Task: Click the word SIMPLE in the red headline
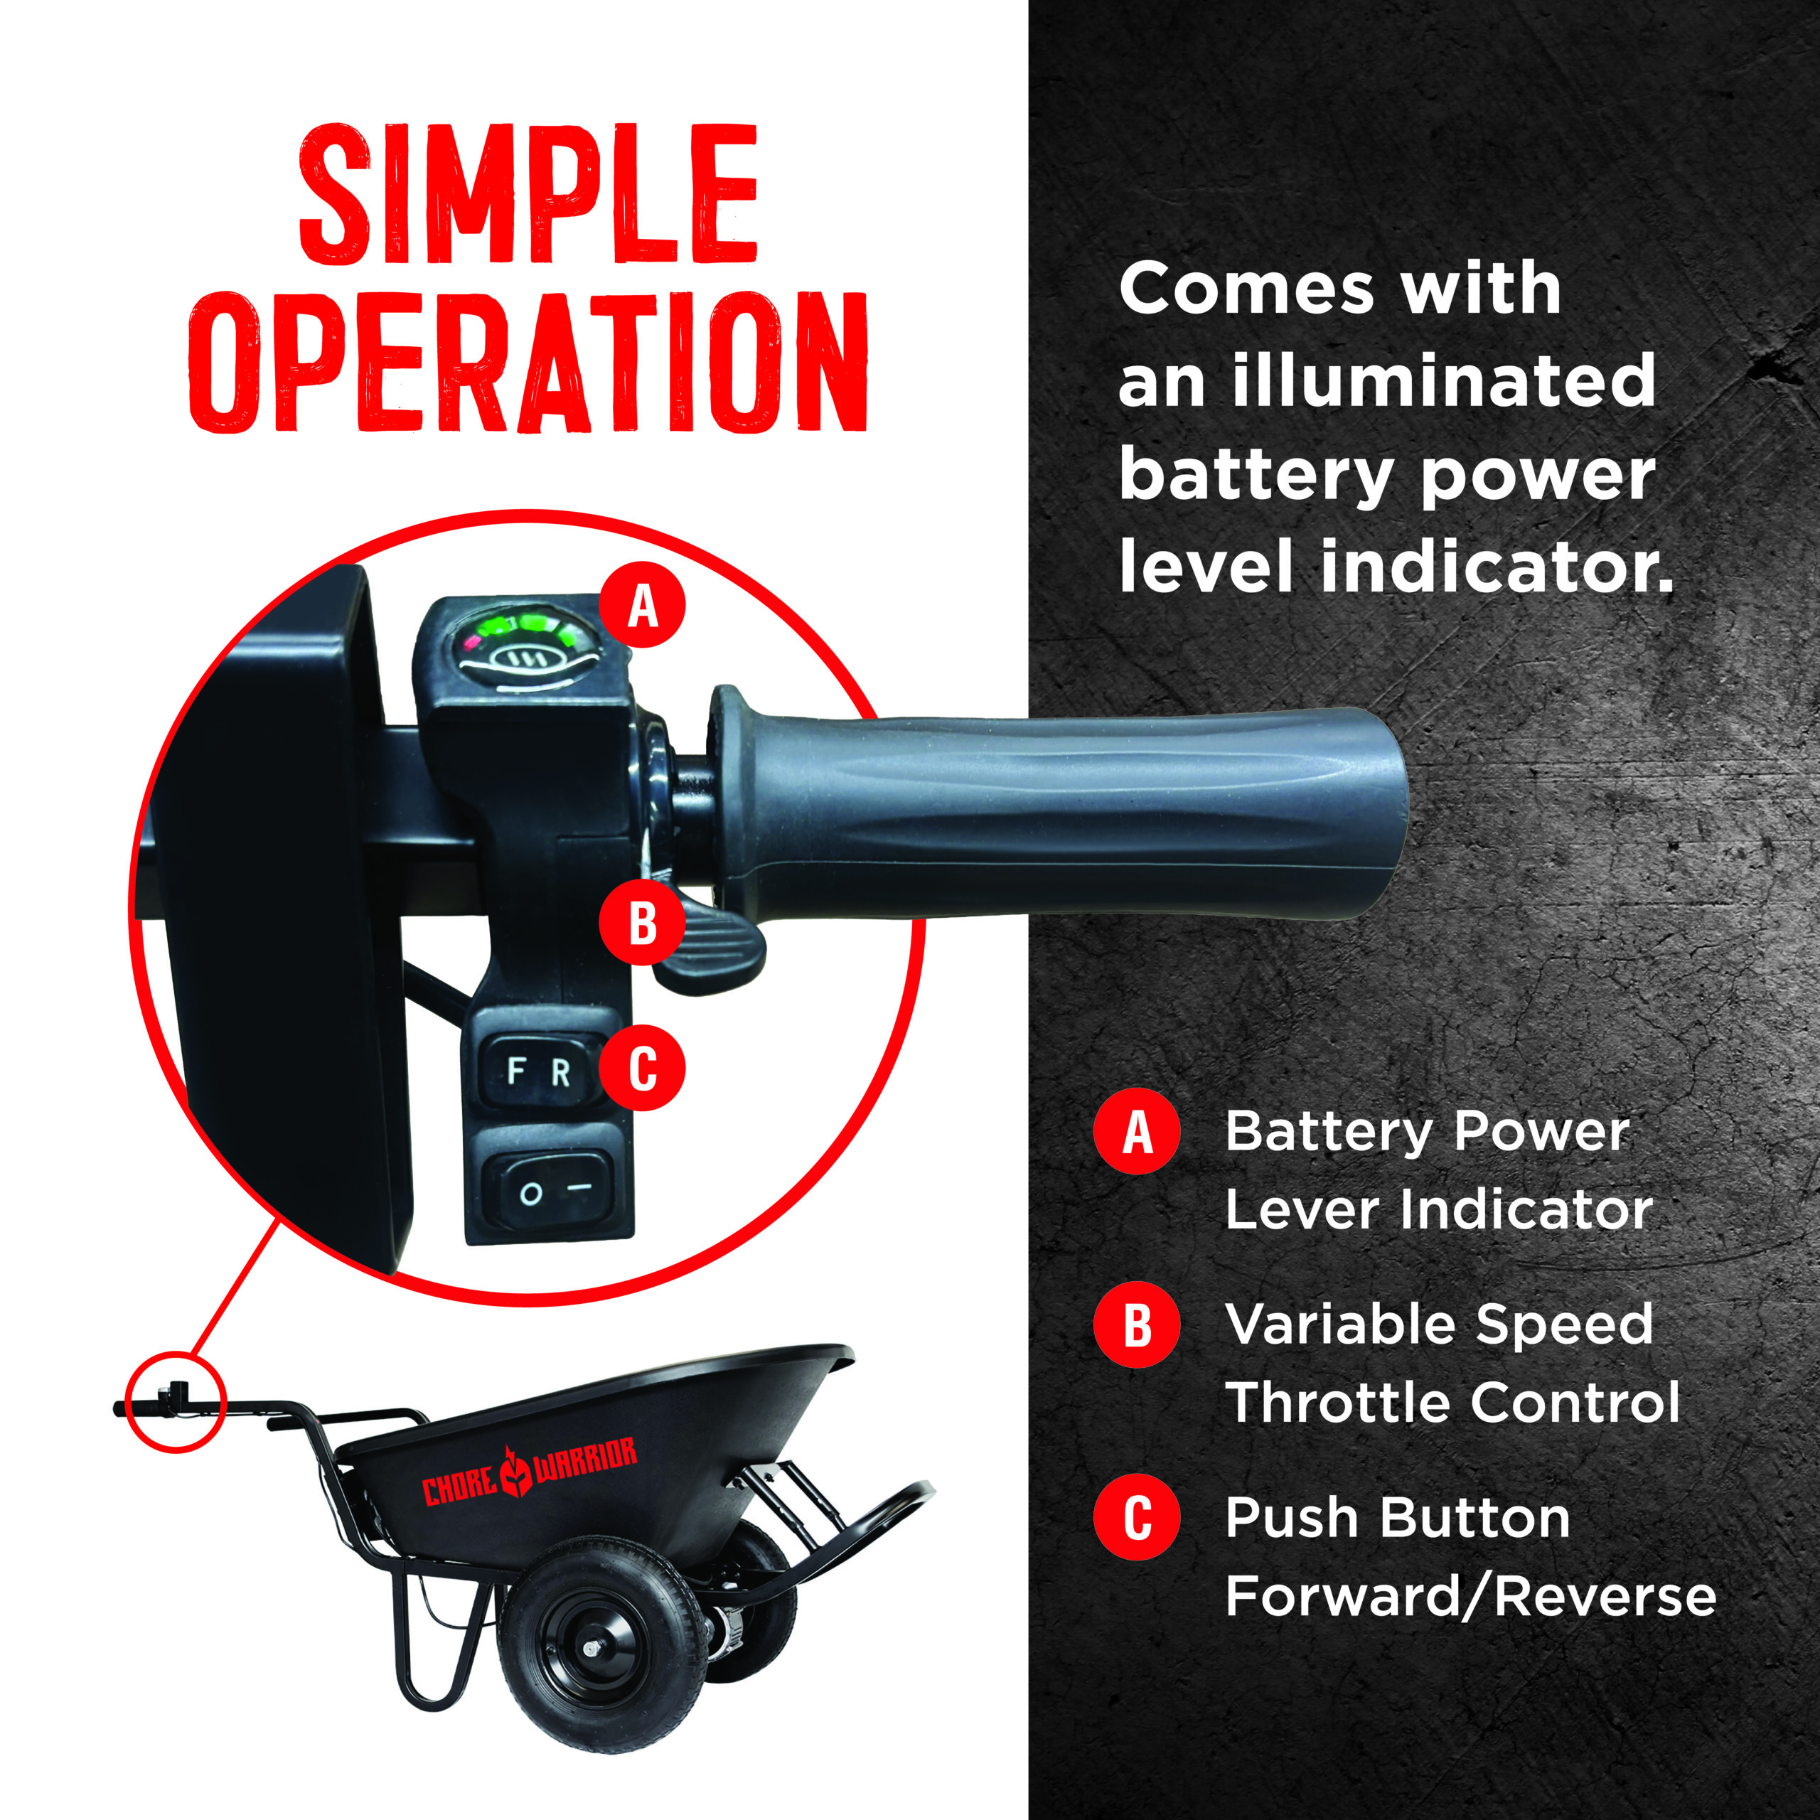(x=528, y=194)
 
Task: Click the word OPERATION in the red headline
(x=528, y=363)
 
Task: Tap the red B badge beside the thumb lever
(x=643, y=924)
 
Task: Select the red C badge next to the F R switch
(x=643, y=1069)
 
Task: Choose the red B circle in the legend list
(x=1137, y=1324)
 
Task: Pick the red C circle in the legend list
(x=1137, y=1516)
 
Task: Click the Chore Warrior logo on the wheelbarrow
(x=528, y=1472)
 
